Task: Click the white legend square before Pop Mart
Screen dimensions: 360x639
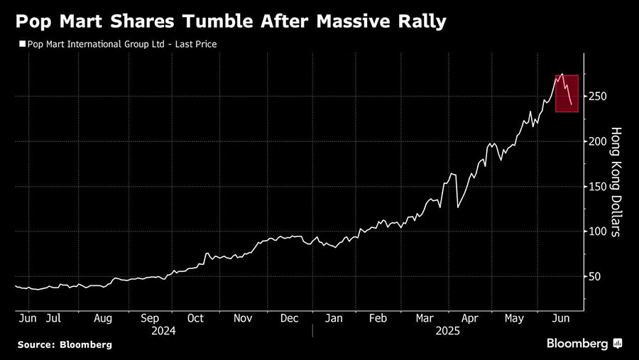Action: (x=21, y=44)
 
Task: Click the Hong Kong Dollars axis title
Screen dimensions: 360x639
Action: (x=616, y=181)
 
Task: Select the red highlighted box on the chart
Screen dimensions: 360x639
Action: (x=567, y=93)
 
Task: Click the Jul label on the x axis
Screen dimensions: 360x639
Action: (x=53, y=319)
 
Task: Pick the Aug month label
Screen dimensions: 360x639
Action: (x=102, y=319)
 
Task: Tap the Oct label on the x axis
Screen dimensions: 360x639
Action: (x=195, y=319)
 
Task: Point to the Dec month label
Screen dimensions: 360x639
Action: (x=289, y=319)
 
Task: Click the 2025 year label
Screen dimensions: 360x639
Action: (x=447, y=331)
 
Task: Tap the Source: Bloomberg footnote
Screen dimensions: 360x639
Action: (x=65, y=344)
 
